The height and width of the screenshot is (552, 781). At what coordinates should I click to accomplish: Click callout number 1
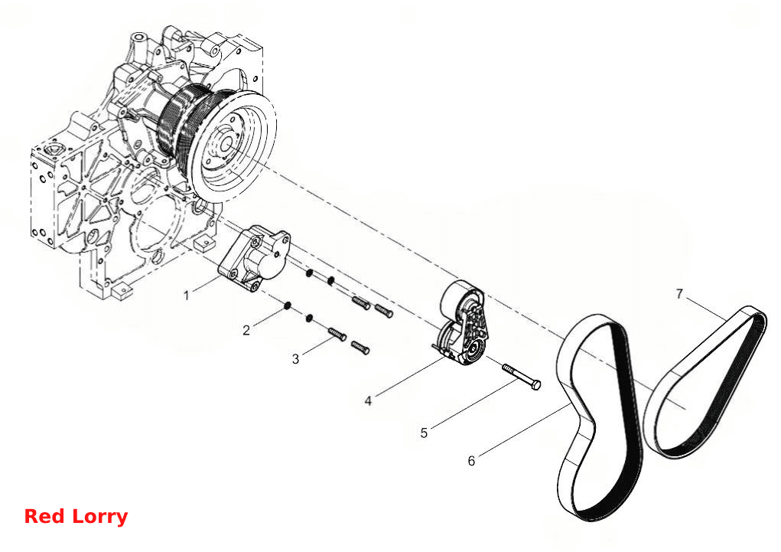[187, 296]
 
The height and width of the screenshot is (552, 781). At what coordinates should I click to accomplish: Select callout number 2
[246, 330]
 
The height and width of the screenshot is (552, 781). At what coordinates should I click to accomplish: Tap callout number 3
[295, 359]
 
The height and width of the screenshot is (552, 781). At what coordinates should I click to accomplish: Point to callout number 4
[368, 401]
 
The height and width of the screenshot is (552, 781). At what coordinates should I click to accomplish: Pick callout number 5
[424, 433]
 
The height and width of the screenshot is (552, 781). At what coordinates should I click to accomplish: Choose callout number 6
[471, 461]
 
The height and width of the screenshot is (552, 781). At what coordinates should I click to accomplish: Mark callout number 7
[679, 294]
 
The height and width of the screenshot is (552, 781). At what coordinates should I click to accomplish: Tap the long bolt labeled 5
[521, 377]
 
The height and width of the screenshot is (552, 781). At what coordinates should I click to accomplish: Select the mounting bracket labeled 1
[255, 260]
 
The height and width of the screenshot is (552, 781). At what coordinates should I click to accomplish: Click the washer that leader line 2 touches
[288, 305]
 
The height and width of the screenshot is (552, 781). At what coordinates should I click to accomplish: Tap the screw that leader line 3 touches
[337, 334]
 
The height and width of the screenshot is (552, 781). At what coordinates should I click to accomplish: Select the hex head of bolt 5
[535, 385]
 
